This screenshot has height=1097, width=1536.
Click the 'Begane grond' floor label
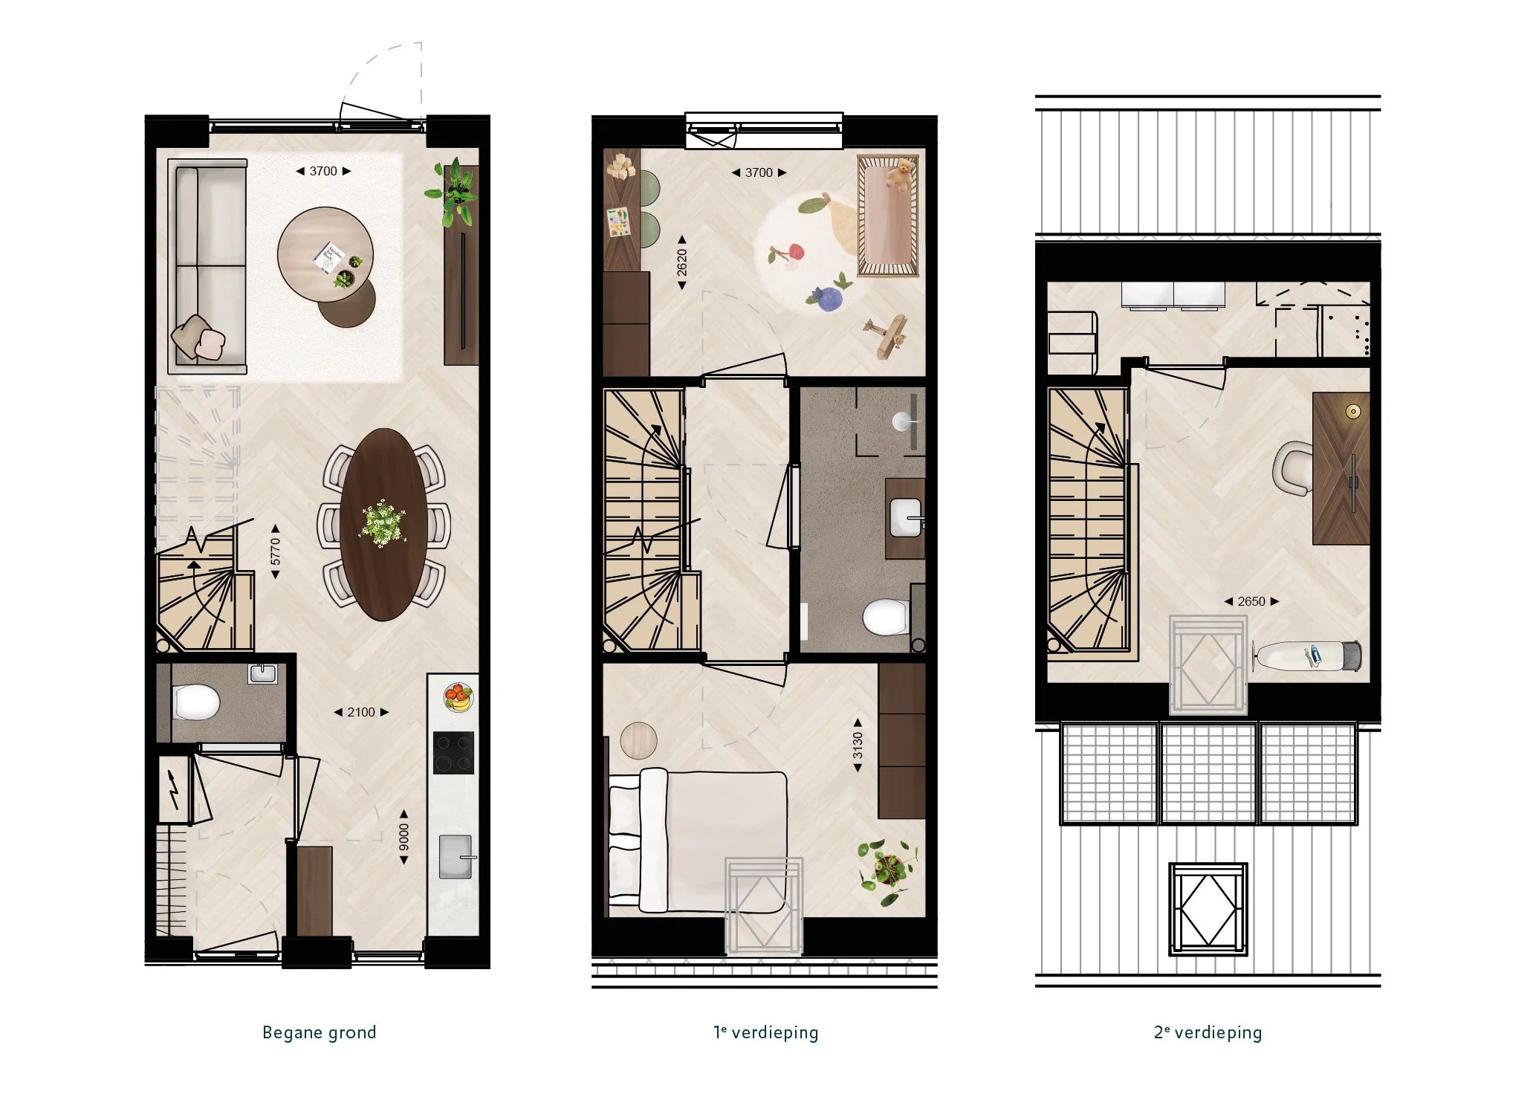pos(320,1032)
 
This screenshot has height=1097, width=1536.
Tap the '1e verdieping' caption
pos(766,1032)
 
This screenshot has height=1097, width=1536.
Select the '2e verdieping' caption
pos(1208,1032)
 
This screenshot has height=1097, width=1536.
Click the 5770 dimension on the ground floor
pos(276,551)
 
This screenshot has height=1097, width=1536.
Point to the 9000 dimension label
pos(404,837)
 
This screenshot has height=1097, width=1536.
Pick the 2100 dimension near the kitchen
pos(361,712)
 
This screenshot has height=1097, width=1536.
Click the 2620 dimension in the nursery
pos(682,263)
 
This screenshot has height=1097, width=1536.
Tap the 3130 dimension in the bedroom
pos(858,745)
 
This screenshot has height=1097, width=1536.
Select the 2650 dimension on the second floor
pos(1251,601)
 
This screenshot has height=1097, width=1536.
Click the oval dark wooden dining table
pos(383,524)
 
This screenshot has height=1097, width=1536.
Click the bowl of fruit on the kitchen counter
pos(458,697)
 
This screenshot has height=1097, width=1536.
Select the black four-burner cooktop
pos(453,753)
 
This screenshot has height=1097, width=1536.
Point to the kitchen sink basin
pos(455,856)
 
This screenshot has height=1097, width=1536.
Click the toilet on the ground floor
pos(196,702)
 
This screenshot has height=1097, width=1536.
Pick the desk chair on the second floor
pos(1293,468)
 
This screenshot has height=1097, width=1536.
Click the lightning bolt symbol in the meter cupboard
pos(174,789)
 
